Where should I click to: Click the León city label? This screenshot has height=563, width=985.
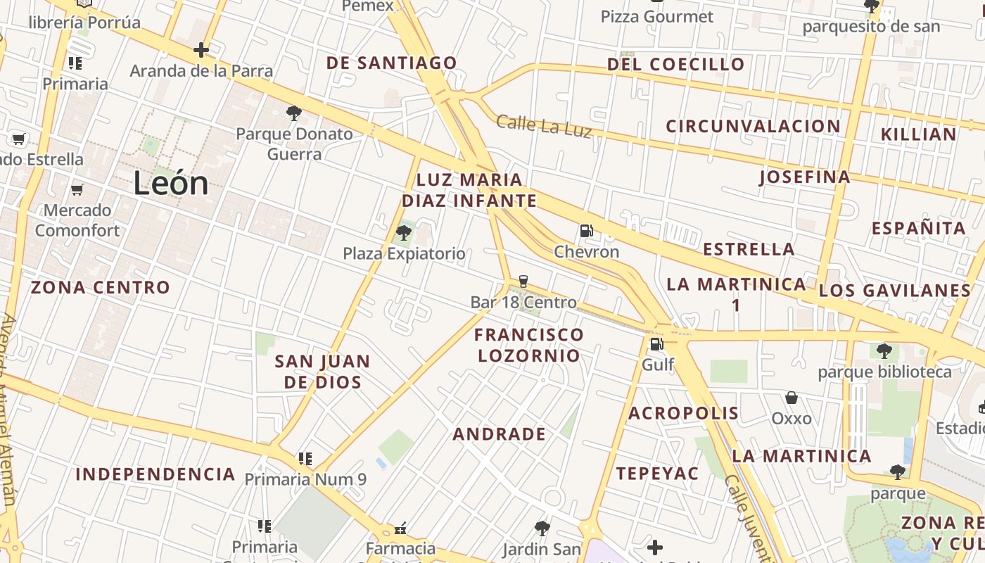(171, 184)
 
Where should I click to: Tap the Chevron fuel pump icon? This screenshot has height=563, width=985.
(585, 230)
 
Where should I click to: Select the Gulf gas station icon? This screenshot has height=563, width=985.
(656, 343)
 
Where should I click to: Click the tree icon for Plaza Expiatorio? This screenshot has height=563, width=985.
(404, 232)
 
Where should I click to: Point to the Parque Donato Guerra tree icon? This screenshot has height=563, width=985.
(294, 113)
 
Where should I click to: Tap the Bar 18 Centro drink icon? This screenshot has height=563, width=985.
(523, 281)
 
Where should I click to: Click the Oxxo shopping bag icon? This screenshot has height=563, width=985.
(792, 398)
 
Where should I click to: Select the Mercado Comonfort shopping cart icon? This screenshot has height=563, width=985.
(77, 189)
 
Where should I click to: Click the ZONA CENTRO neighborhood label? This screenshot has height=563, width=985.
(101, 287)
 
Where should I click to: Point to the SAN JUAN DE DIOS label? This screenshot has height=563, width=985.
(322, 372)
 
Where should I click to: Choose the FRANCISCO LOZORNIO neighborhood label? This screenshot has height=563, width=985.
(529, 345)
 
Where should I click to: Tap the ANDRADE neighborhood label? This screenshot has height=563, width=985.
(500, 434)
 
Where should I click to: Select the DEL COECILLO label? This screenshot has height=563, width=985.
(675, 64)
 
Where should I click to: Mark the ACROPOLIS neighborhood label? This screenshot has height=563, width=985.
(683, 413)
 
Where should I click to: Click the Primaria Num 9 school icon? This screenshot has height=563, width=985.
(305, 459)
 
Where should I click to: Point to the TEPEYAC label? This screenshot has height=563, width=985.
(658, 474)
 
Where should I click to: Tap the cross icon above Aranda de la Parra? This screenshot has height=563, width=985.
(201, 50)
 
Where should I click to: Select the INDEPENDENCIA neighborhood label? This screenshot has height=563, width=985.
(155, 474)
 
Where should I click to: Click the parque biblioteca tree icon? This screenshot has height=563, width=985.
(884, 350)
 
